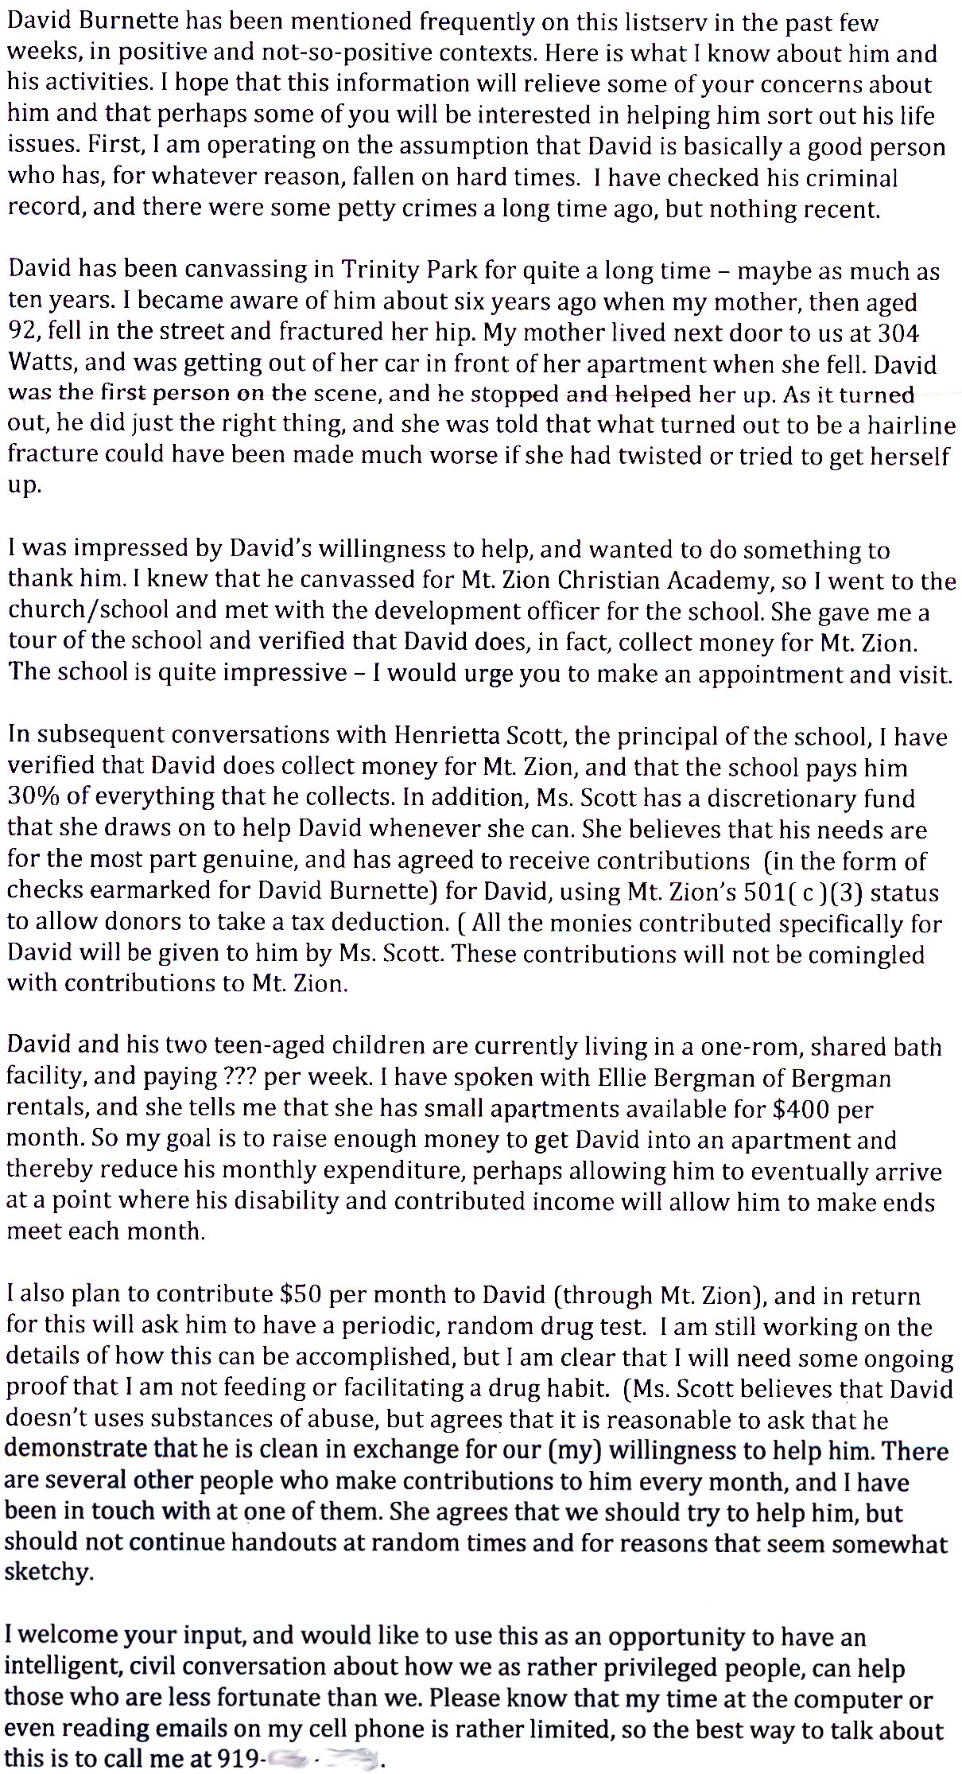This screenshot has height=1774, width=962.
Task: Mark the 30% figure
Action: tap(31, 798)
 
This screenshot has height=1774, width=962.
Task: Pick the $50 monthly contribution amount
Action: tap(301, 1296)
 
